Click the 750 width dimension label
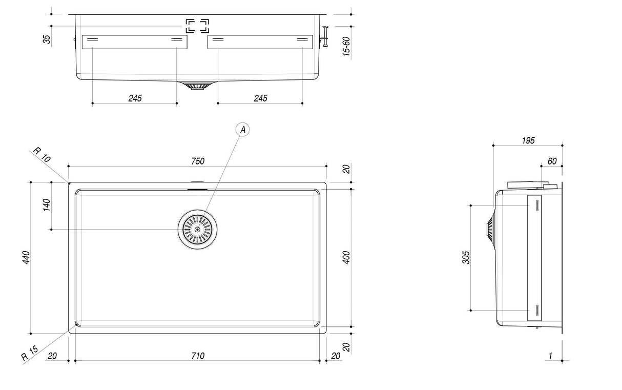(x=198, y=161)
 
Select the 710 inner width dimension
(x=198, y=356)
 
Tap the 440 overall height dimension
(x=26, y=258)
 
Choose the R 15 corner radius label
(x=30, y=354)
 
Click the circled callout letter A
(x=242, y=130)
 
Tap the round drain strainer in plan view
(x=198, y=229)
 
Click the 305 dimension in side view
(x=466, y=258)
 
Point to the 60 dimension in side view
(x=552, y=161)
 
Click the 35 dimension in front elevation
(x=47, y=40)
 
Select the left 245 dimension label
(x=135, y=98)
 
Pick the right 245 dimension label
(x=260, y=98)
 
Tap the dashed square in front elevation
(x=197, y=26)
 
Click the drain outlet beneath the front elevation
(x=197, y=86)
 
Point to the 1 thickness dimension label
(x=550, y=356)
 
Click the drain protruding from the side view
(x=490, y=229)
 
